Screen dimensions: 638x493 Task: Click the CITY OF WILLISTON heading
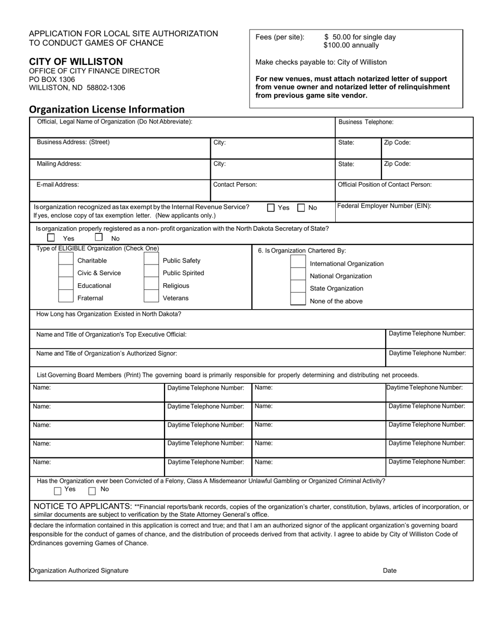(76, 62)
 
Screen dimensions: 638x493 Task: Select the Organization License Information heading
(106, 109)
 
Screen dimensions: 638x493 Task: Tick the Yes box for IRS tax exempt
(271, 208)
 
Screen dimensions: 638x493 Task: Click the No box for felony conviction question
(92, 491)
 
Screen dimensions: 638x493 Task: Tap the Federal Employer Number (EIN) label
(384, 206)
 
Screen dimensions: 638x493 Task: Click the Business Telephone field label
(366, 122)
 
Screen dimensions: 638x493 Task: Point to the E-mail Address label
(58, 184)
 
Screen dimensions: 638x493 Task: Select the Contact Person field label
(235, 184)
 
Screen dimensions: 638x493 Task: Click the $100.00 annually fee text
(351, 46)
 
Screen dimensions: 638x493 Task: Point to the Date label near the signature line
(390, 571)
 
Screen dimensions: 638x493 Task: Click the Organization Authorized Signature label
(79, 571)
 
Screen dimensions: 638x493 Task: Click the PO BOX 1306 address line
(52, 79)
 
